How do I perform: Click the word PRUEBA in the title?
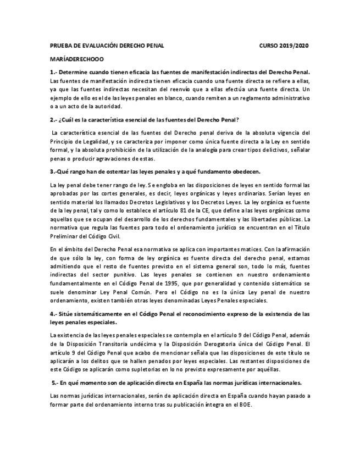pos(60,46)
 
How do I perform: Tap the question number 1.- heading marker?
pos(53,71)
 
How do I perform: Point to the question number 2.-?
pos(53,119)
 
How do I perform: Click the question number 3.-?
pos(53,170)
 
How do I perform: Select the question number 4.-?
pos(53,314)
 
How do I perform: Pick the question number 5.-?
pos(55,382)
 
